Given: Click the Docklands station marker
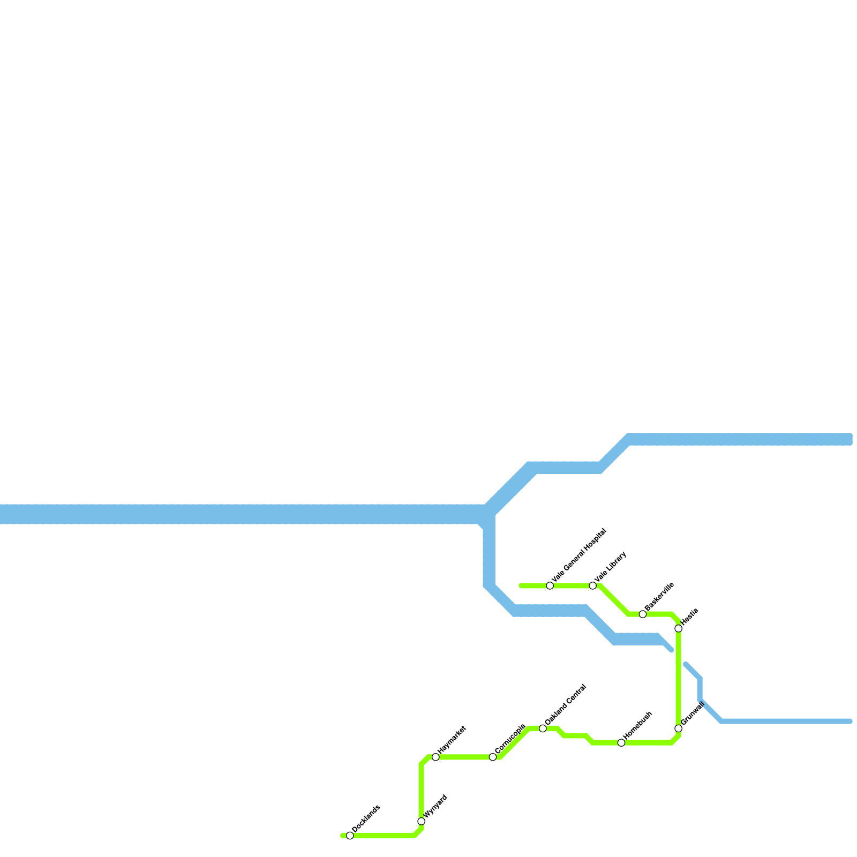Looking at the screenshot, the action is click(350, 836).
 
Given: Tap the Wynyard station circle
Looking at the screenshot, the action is click(422, 822).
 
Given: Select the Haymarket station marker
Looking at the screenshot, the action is click(435, 757).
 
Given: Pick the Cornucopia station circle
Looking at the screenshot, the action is click(493, 757).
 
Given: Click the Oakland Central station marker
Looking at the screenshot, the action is click(543, 728).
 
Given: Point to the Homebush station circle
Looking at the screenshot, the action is click(621, 743).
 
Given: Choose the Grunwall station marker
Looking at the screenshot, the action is click(679, 728).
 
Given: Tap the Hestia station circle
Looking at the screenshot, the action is click(679, 628).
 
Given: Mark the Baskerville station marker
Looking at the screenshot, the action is click(643, 614).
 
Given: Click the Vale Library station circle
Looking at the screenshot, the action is click(593, 585).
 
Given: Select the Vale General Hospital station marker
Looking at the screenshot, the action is click(550, 585).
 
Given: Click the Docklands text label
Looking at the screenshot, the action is click(366, 819).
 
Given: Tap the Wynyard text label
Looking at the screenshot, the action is click(435, 807).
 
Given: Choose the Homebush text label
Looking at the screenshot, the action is click(638, 726).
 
